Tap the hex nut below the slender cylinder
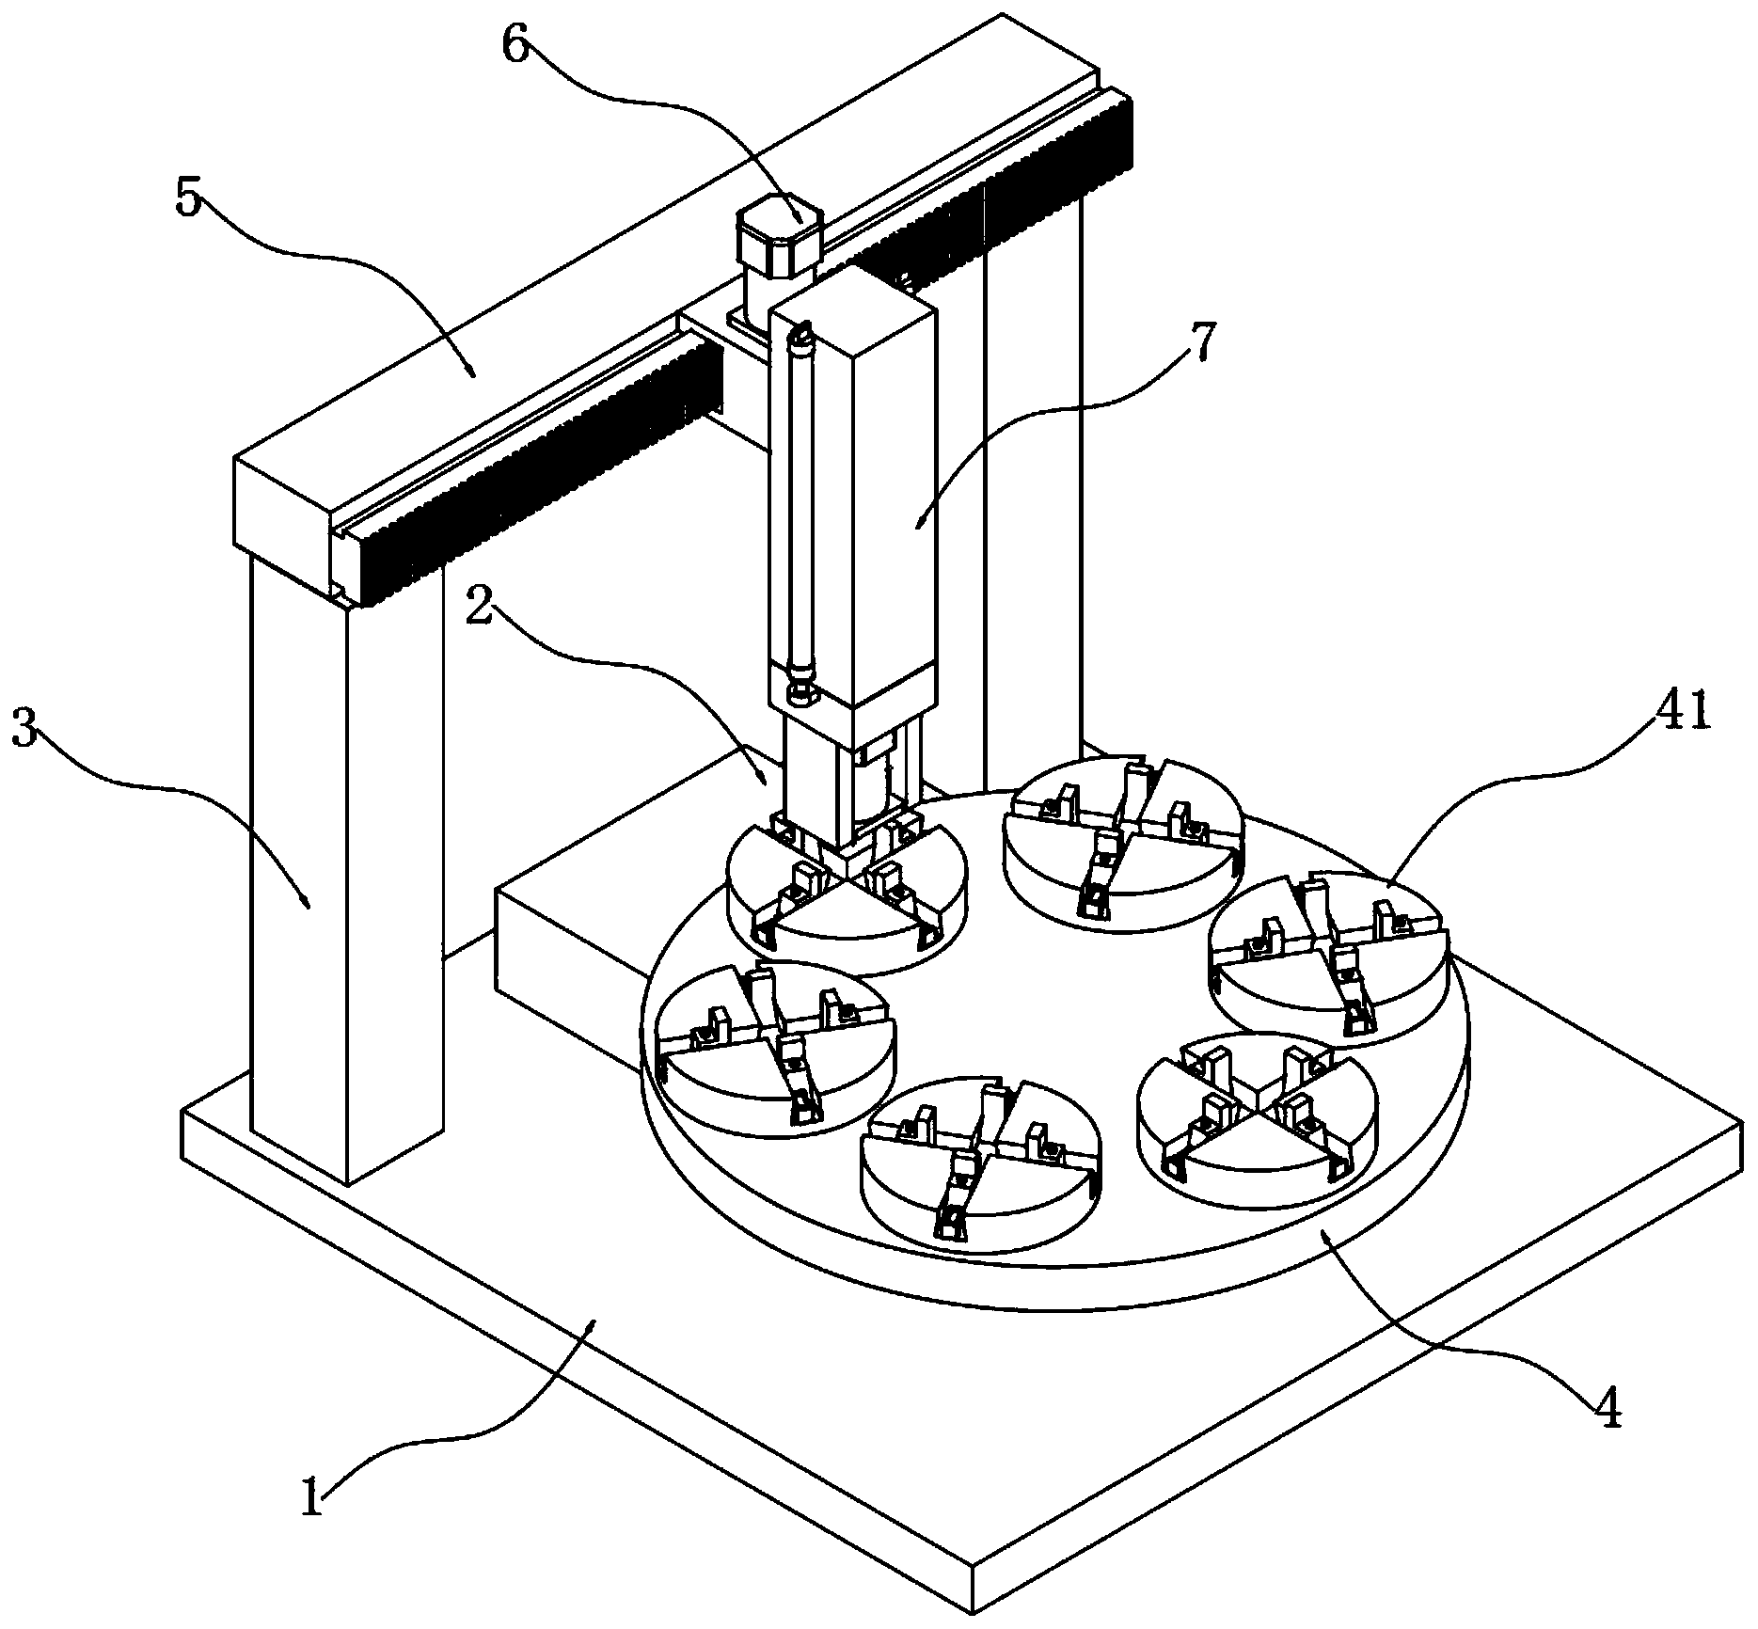[x=800, y=695]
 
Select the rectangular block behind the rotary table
[x=564, y=950]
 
